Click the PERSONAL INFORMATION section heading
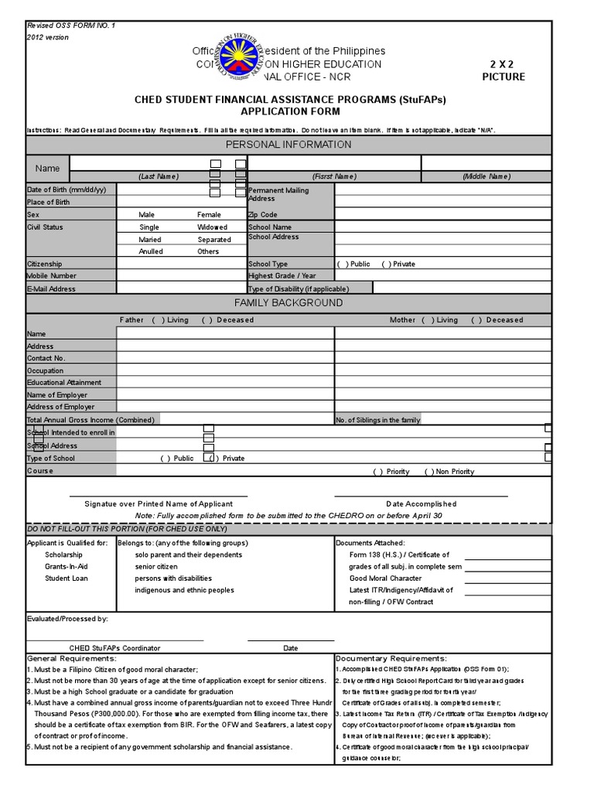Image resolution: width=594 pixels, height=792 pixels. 288,145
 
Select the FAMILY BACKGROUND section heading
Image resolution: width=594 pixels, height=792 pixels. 288,302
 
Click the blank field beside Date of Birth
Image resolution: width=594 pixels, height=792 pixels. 181,190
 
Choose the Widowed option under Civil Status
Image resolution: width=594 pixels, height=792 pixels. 212,227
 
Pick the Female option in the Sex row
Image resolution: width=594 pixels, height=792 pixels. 209,214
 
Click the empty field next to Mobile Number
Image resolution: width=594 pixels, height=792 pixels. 181,275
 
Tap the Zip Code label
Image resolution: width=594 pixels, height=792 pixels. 262,214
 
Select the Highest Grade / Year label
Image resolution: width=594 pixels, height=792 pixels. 282,275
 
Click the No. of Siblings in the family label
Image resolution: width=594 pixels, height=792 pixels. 378,420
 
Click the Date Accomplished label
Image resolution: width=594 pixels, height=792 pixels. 422,504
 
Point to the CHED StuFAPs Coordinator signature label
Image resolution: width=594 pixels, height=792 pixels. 114,647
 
